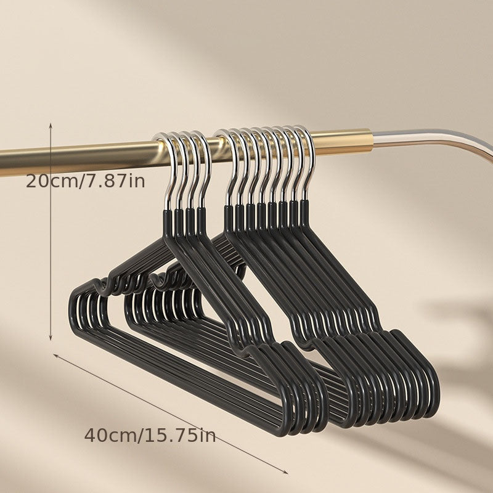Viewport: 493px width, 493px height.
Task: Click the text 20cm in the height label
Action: pyautogui.click(x=51, y=181)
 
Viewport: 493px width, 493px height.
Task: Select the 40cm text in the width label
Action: pyautogui.click(x=110, y=436)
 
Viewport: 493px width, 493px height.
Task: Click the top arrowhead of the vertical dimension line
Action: pyautogui.click(x=51, y=124)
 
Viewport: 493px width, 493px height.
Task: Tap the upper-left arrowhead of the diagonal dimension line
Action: pyautogui.click(x=55, y=356)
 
